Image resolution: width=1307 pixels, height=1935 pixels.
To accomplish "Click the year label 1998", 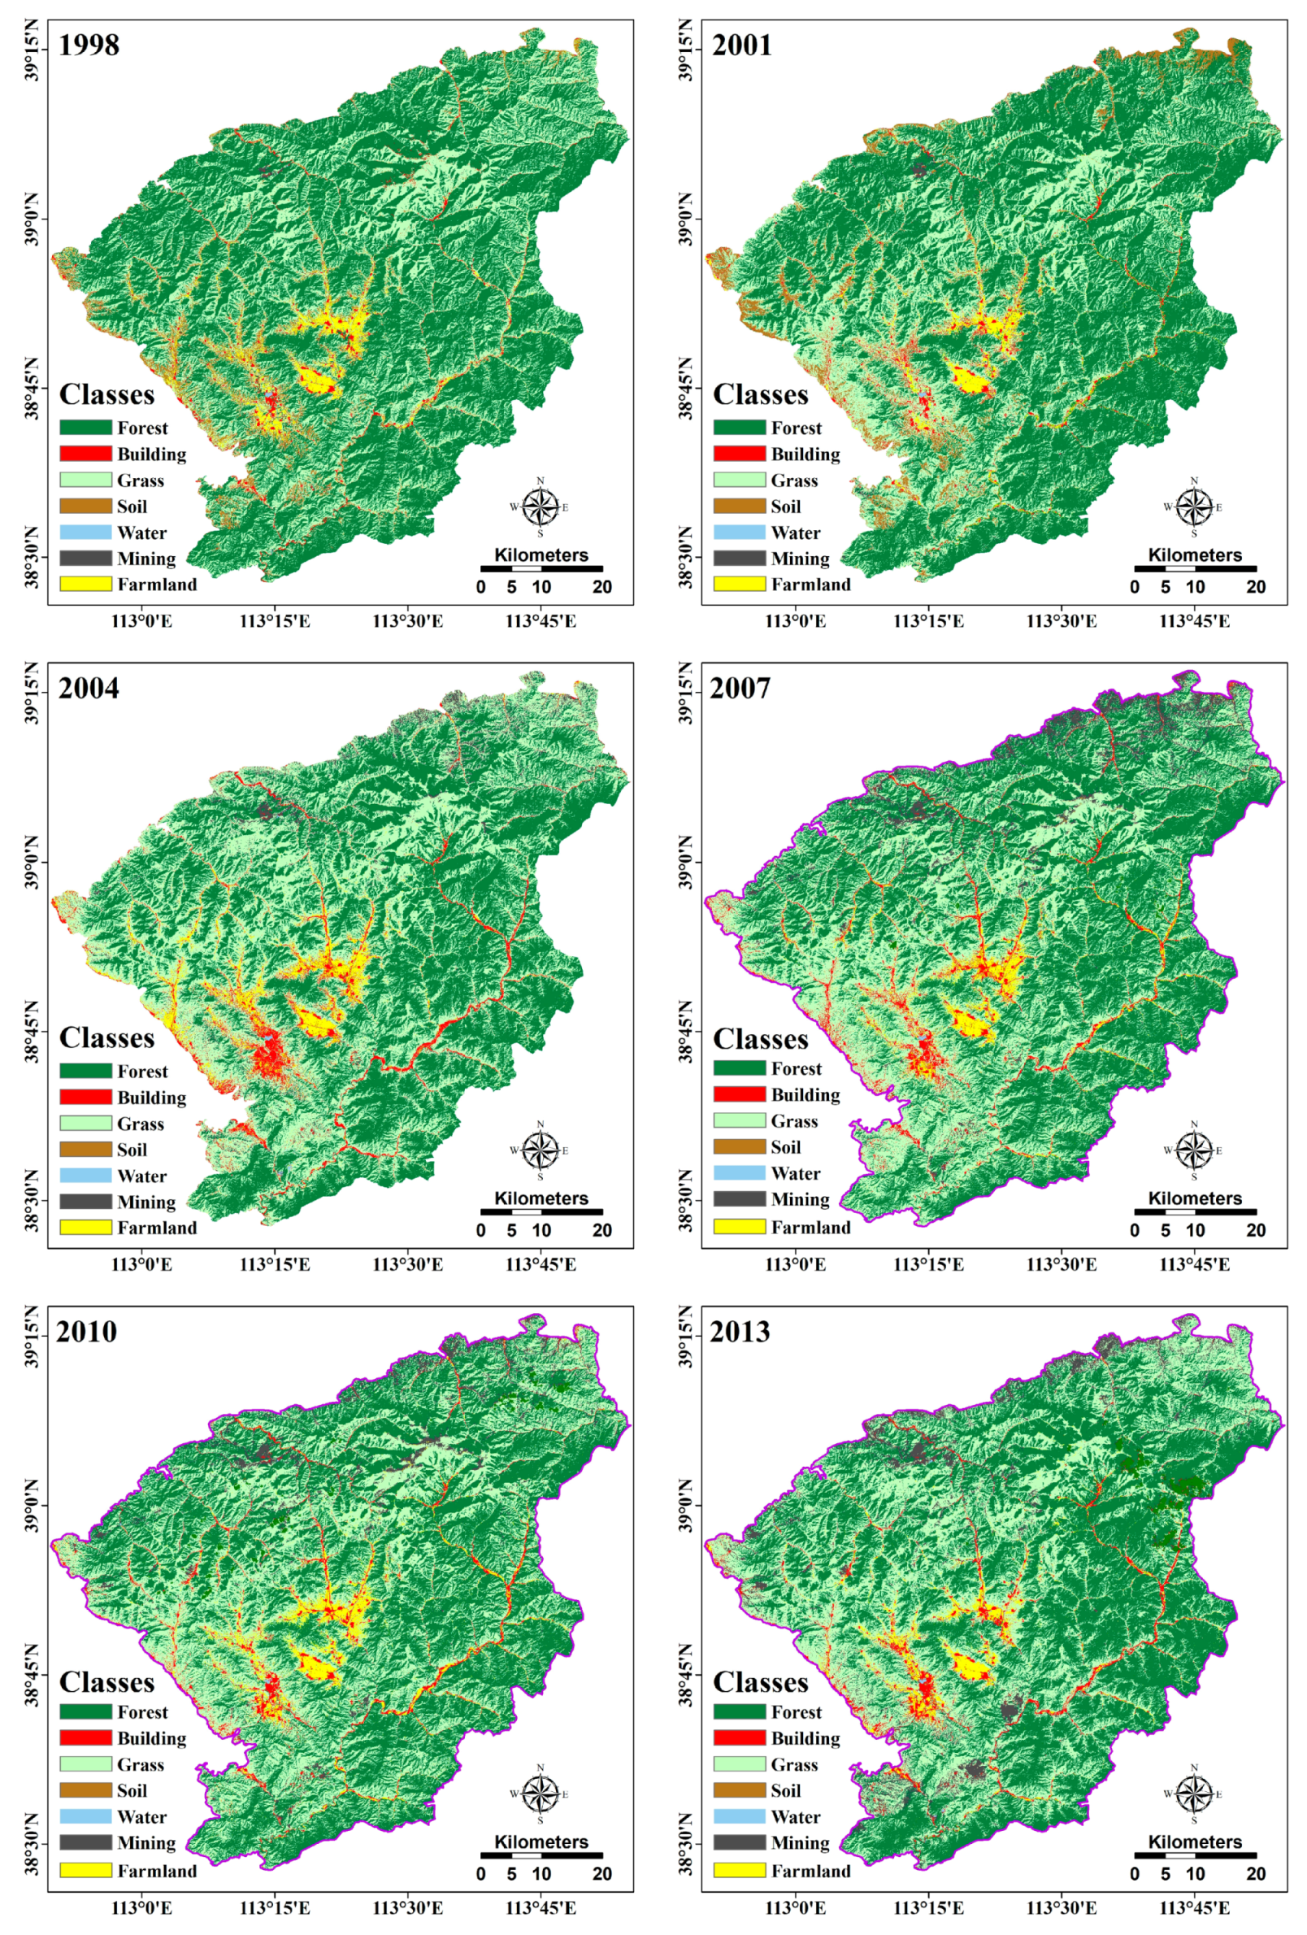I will point(89,44).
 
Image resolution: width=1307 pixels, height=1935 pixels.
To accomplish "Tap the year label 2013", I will point(740,1332).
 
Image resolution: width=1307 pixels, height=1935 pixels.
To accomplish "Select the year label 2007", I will point(740,688).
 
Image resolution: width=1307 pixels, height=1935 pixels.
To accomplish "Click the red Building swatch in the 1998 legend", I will point(85,454).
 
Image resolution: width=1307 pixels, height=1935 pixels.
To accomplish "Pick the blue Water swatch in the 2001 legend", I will point(738,532).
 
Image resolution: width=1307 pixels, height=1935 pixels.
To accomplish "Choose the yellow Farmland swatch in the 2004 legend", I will point(85,1228).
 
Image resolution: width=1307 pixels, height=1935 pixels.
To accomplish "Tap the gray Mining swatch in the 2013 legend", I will point(738,1842).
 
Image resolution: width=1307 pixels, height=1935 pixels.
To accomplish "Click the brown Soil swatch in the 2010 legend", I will point(85,1790).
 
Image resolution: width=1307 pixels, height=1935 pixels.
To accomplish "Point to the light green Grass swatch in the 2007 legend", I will point(738,1120).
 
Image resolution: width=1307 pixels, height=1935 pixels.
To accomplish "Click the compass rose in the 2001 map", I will point(1194,507).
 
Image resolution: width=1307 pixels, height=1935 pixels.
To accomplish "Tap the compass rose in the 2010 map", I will point(541,1794).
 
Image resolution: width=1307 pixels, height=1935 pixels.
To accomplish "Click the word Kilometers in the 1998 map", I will point(541,555).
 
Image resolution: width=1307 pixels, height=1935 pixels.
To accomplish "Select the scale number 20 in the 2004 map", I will point(601,1231).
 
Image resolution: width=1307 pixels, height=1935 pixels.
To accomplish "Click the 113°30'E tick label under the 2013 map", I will point(1062,1908).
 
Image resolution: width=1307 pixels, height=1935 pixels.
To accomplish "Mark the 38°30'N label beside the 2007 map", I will point(687,1200).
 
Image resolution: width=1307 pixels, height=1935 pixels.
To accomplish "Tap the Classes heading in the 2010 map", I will point(106,1682).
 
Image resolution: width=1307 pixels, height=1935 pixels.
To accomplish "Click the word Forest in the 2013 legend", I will point(796,1712).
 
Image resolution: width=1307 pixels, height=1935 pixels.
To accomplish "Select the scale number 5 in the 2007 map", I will point(1165,1231).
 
